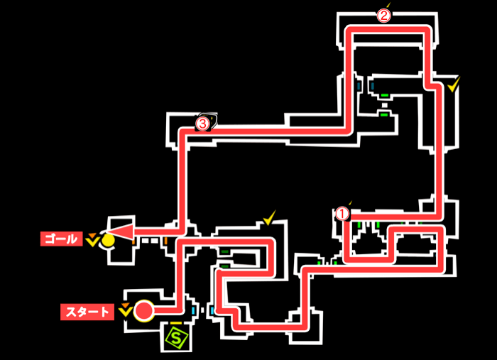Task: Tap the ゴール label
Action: click(x=61, y=239)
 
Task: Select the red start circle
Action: click(x=144, y=310)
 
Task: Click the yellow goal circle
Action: click(x=108, y=240)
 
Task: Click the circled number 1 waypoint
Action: click(x=342, y=212)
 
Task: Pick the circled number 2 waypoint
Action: click(x=383, y=15)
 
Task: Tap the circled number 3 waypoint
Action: click(x=202, y=124)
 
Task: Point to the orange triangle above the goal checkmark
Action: click(x=92, y=233)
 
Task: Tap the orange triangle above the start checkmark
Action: click(x=125, y=306)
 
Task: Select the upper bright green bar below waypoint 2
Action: click(x=384, y=95)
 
